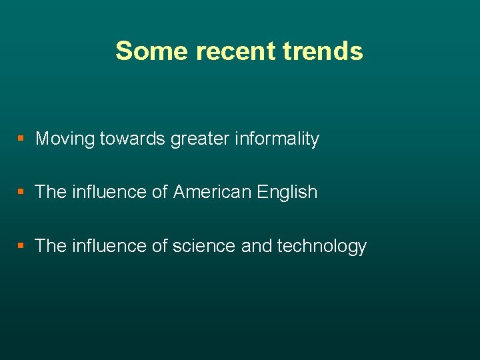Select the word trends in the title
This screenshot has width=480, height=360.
pos(323,51)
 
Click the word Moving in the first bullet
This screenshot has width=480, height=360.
pos(65,139)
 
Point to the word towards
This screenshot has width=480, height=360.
pos(133,139)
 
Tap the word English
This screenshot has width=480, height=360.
pos(287,193)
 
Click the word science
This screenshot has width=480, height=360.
pos(204,246)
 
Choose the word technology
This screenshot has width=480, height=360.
pos(322,247)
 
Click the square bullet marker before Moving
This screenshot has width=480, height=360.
pos(21,139)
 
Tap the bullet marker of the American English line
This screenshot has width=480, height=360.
pos(21,192)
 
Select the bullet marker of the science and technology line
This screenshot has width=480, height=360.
pos(21,246)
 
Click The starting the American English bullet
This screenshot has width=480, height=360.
pos(50,192)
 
